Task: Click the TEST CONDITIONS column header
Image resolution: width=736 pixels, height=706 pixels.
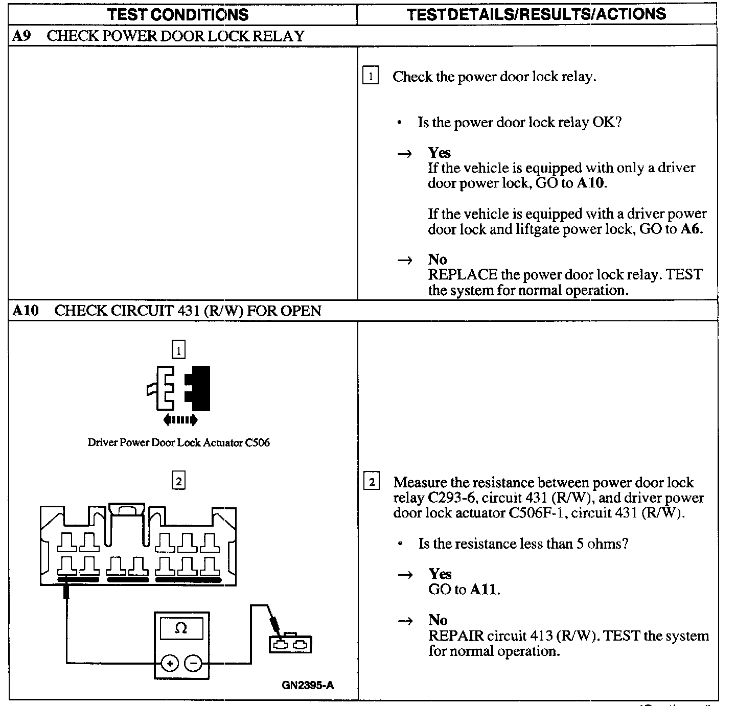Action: [x=178, y=14]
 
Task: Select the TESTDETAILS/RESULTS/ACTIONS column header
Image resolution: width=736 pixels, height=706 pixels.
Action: [x=536, y=14]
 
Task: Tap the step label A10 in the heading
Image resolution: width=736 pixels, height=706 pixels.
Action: [x=26, y=311]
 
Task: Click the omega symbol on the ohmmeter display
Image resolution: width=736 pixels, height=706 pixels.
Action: [x=181, y=628]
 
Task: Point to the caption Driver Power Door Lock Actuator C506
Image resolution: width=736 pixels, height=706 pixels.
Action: [x=178, y=442]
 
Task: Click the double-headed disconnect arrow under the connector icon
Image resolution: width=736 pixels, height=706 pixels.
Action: [x=180, y=420]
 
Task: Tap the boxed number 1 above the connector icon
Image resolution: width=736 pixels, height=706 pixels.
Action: [x=178, y=350]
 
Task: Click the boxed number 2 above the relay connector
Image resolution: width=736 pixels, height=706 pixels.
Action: [x=178, y=481]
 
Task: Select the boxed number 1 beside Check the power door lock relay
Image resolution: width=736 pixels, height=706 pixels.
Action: [x=371, y=77]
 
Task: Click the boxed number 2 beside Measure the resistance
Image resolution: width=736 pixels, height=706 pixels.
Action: [x=371, y=482]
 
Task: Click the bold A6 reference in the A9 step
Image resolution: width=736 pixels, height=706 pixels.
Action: [x=692, y=229]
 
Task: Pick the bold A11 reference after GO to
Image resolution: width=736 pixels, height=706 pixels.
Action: [x=483, y=590]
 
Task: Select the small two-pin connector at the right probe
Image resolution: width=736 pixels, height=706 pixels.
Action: [x=290, y=644]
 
